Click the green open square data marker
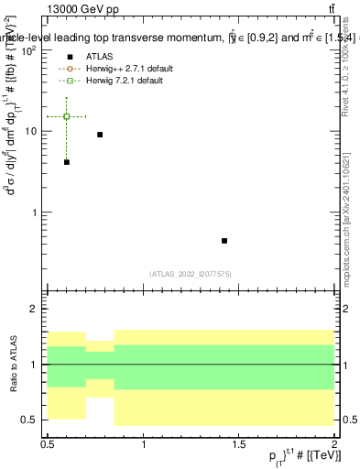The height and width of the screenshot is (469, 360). pos(67,116)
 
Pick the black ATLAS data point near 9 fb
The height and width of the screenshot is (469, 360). pos(100,135)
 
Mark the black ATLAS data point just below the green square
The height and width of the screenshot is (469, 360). pos(67,162)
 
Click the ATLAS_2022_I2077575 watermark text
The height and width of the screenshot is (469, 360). pos(190,273)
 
